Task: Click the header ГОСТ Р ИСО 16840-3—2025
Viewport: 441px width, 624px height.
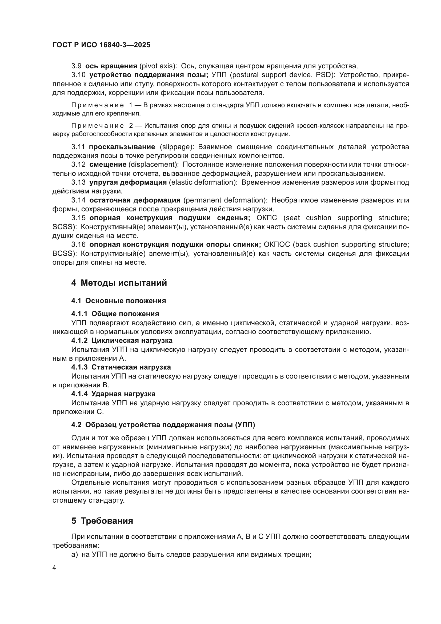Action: pyautogui.click(x=101, y=45)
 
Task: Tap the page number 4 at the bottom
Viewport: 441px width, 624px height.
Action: pyautogui.click(x=54, y=568)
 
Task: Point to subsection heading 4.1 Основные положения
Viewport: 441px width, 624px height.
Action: pyautogui.click(x=118, y=301)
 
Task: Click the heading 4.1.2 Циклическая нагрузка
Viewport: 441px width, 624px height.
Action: pyautogui.click(x=122, y=340)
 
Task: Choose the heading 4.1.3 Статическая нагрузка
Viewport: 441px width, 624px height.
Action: pyautogui.click(x=121, y=367)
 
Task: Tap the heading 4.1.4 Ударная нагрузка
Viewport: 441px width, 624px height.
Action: pyautogui.click(x=113, y=394)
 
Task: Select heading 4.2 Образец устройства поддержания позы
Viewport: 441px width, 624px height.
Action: pyautogui.click(x=163, y=425)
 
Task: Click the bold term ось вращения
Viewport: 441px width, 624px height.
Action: pyautogui.click(x=111, y=66)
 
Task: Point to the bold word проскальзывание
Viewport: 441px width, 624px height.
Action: pyautogui.click(x=122, y=147)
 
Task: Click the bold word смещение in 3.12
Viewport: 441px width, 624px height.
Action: pyautogui.click(x=108, y=165)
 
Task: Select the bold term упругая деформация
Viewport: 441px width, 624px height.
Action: pyautogui.click(x=128, y=182)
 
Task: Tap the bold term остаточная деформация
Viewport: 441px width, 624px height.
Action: pyautogui.click(x=135, y=200)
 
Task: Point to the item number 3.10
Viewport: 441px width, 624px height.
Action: pyautogui.click(x=78, y=75)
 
